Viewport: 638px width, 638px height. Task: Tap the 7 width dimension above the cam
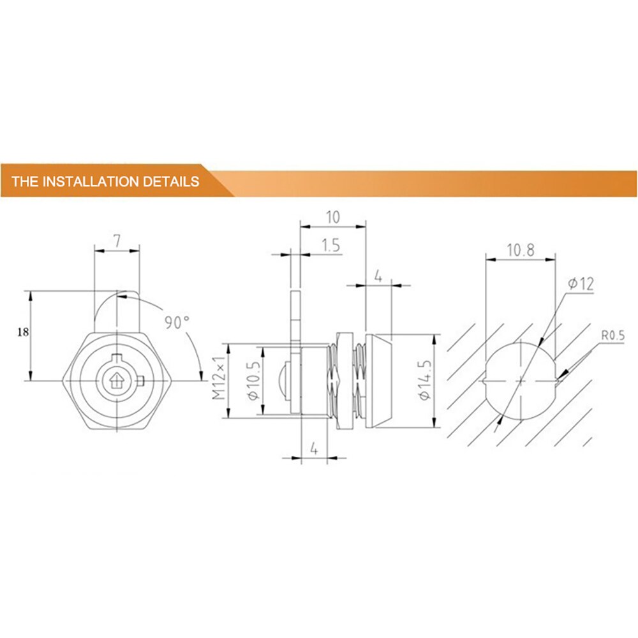[117, 241]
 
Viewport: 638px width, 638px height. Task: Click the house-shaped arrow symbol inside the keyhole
[117, 381]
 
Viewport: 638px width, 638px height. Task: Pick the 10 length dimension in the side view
[332, 217]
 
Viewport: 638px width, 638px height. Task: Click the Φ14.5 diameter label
[424, 381]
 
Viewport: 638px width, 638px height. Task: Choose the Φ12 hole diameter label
[580, 284]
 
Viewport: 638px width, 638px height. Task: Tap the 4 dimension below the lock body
[313, 448]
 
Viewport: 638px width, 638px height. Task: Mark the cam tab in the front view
[117, 313]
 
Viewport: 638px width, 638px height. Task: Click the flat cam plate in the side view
[294, 332]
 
